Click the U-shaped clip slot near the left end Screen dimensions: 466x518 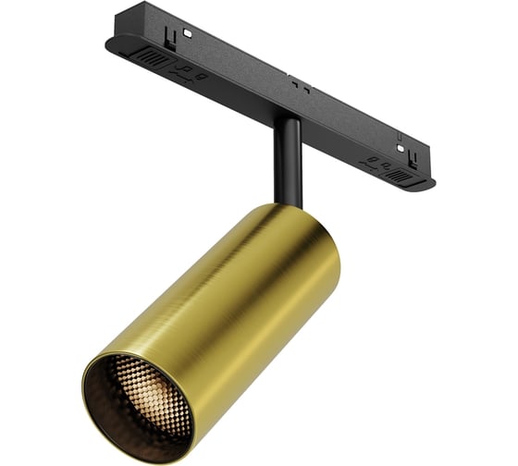click(169, 40)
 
